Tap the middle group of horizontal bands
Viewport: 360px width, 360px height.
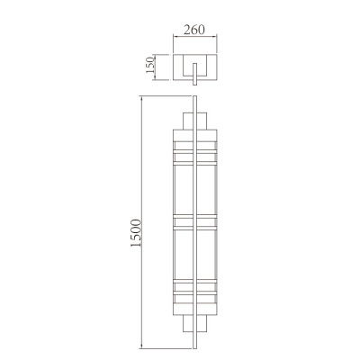[x=197, y=221]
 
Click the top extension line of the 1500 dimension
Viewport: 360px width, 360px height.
[x=166, y=95]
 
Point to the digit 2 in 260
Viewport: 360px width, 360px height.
[x=187, y=28]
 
